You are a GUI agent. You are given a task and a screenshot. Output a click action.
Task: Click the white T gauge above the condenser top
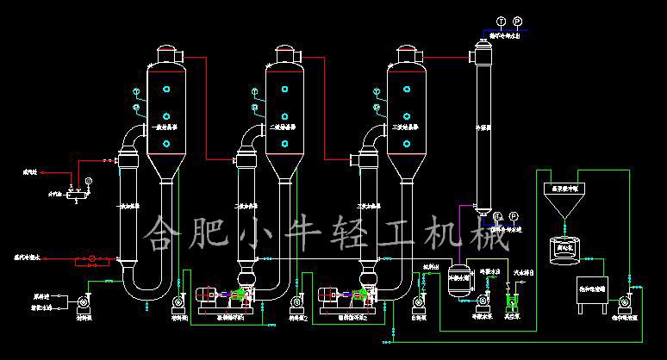(x=501, y=21)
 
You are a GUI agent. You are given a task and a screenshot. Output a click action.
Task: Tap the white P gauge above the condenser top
(x=517, y=21)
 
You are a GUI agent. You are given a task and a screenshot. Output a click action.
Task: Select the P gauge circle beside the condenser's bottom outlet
(x=514, y=215)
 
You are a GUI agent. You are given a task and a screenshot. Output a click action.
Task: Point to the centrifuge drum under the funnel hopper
(x=564, y=249)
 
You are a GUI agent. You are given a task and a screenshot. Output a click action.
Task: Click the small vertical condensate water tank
(x=457, y=280)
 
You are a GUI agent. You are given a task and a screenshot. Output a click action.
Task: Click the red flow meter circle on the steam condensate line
(x=86, y=258)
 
